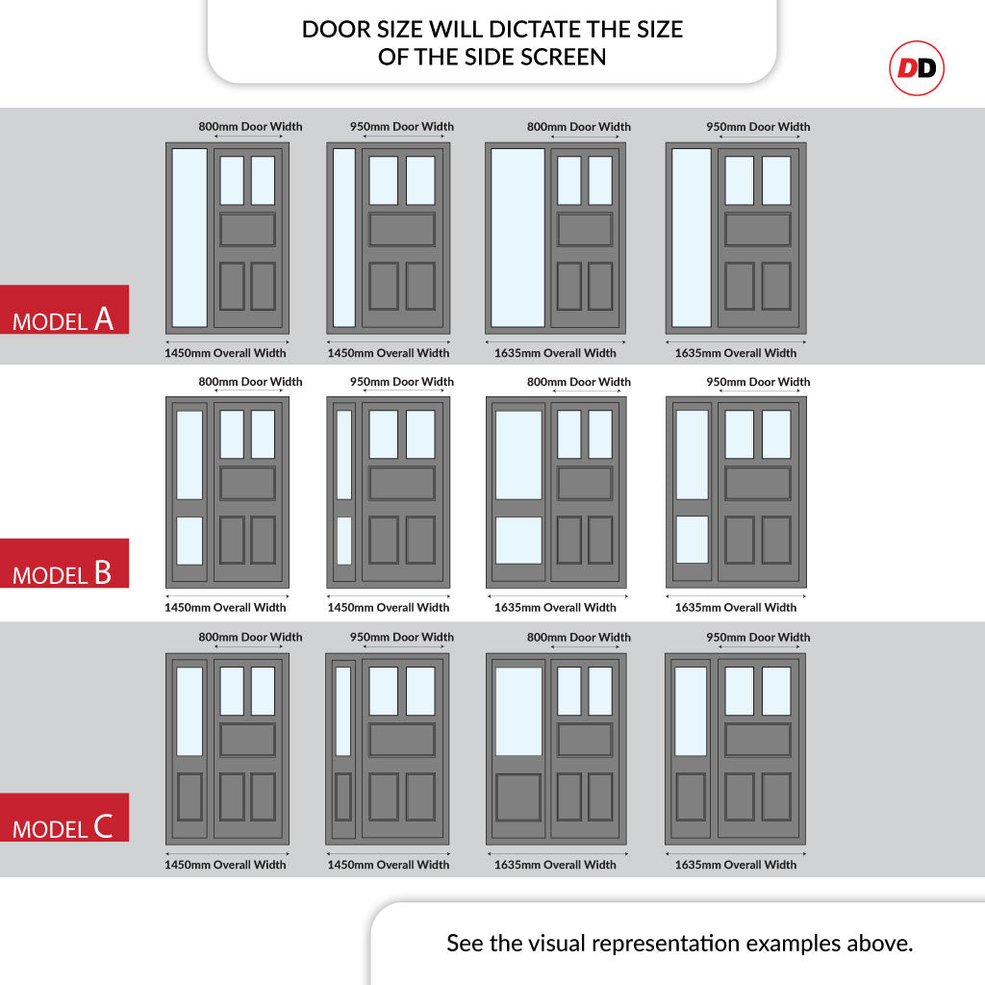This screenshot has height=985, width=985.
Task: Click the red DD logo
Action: (x=917, y=68)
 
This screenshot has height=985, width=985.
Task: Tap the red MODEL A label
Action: (x=64, y=309)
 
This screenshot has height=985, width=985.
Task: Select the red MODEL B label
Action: (x=64, y=563)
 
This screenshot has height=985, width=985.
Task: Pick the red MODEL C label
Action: (x=64, y=818)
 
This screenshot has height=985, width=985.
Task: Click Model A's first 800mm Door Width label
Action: (x=250, y=126)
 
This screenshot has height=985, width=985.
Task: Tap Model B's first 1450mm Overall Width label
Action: (x=225, y=608)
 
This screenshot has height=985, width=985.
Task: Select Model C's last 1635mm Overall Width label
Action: (x=736, y=865)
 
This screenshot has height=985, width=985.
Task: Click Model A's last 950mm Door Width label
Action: (x=758, y=126)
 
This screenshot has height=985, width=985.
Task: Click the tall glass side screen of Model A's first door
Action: (x=189, y=238)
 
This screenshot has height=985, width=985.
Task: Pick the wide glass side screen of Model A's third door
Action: (x=518, y=238)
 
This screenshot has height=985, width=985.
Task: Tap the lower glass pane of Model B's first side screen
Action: (x=189, y=541)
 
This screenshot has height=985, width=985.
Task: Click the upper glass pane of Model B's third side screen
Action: (x=518, y=455)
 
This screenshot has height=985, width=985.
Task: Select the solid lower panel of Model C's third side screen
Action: (x=518, y=797)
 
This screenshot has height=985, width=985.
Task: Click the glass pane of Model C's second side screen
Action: (x=343, y=711)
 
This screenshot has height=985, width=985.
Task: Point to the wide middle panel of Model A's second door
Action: (x=402, y=230)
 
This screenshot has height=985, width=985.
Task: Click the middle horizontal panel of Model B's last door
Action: (x=758, y=483)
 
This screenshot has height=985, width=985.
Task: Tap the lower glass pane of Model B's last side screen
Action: (x=693, y=540)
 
